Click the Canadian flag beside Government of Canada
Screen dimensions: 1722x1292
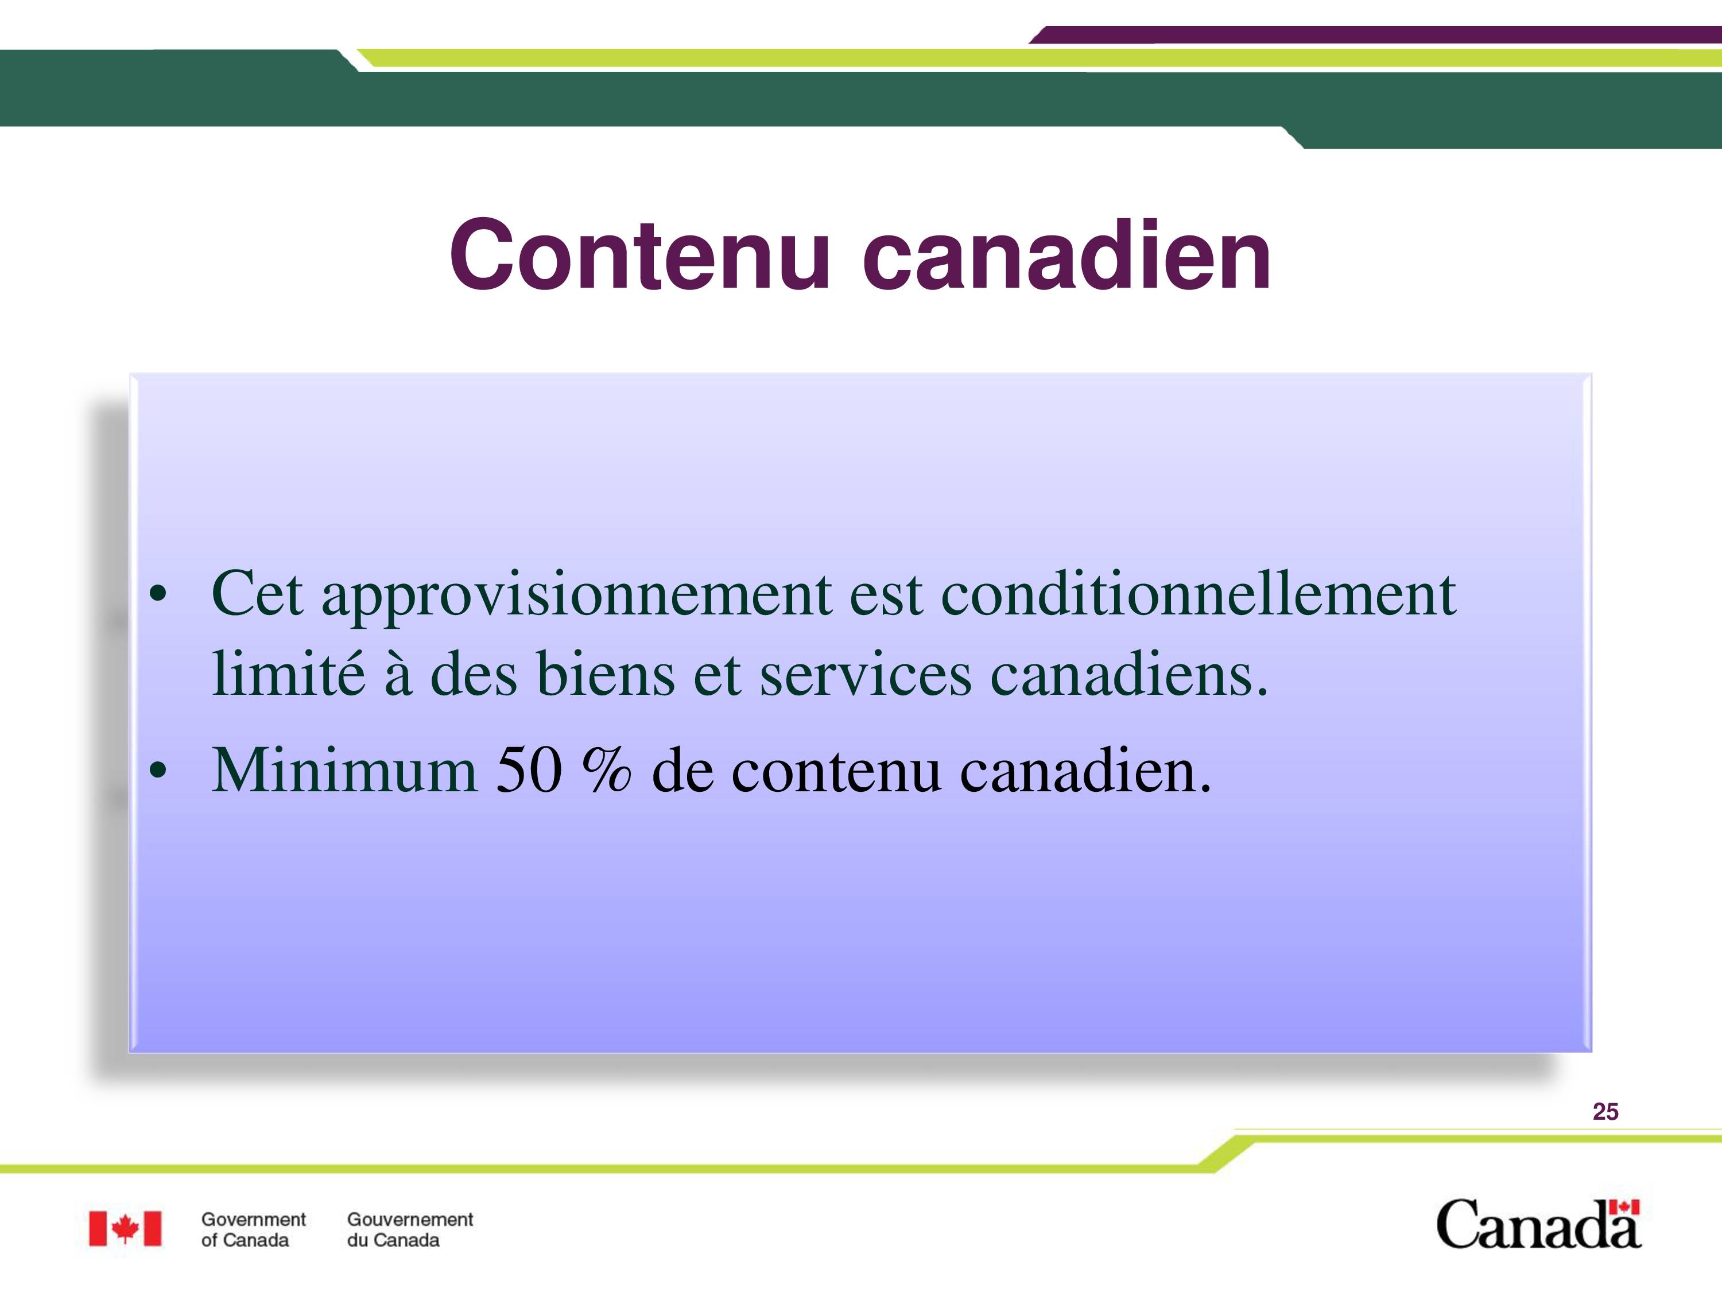coord(125,1229)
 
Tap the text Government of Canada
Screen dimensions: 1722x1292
coord(253,1230)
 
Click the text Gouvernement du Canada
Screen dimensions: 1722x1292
coord(409,1230)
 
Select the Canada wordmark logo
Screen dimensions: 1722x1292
coord(1538,1225)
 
